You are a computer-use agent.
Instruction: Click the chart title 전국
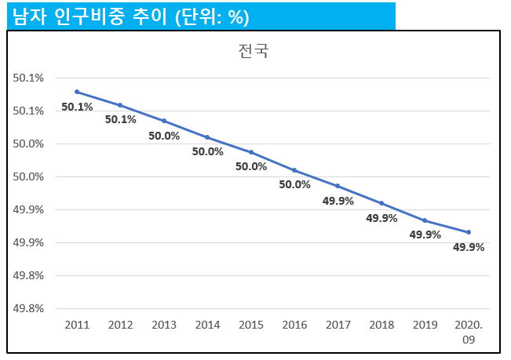tap(254, 51)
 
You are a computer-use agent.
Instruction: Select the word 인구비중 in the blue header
tap(89, 16)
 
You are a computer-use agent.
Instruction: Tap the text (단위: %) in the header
tap(212, 17)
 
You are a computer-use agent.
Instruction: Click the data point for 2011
tap(77, 92)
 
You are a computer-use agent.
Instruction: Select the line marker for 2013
tap(164, 121)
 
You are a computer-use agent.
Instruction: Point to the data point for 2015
tap(251, 152)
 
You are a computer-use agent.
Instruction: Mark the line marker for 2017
tap(338, 186)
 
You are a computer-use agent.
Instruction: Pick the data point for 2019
tap(425, 220)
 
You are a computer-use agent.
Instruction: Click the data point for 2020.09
tap(469, 232)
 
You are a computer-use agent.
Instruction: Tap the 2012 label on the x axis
tap(121, 325)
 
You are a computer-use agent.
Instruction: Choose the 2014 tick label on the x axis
tap(207, 325)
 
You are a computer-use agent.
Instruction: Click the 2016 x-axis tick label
tap(294, 325)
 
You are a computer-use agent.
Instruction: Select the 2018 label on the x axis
tap(381, 325)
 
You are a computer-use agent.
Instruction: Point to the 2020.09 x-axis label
tap(469, 332)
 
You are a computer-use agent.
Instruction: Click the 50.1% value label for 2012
tap(121, 119)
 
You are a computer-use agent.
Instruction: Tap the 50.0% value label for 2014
tap(207, 151)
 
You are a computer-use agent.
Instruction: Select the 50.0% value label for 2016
tap(294, 184)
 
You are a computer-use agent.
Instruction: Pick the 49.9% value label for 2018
tap(381, 218)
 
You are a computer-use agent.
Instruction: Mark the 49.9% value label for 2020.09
tap(469, 247)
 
